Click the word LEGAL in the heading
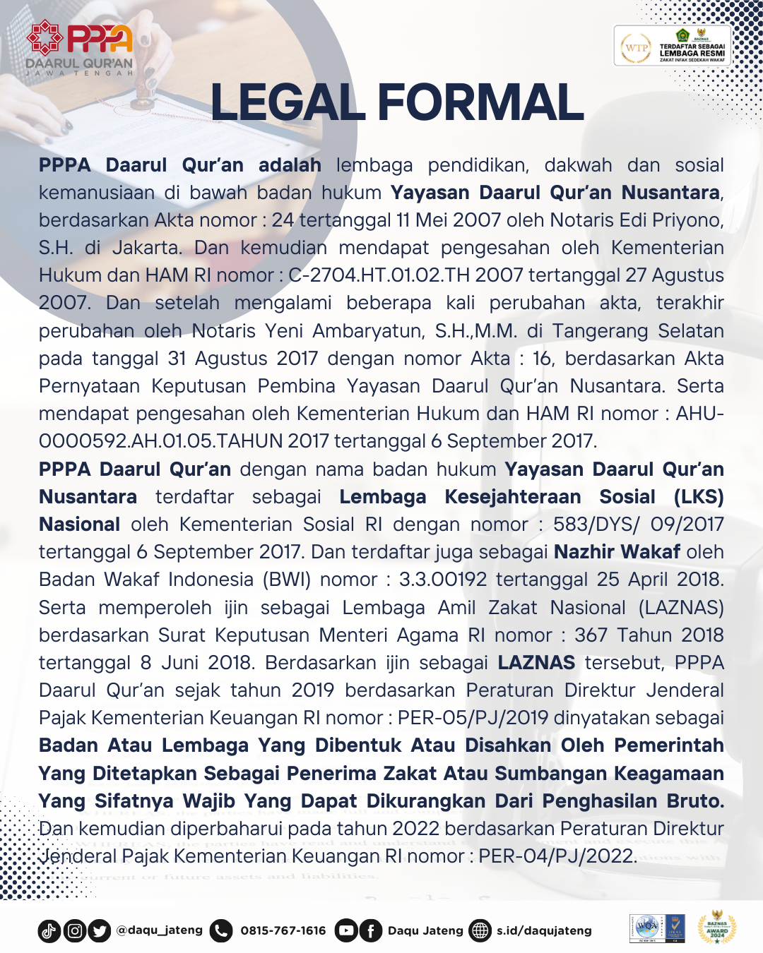coord(287,103)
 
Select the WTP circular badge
coord(637,48)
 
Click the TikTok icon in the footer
coord(49,931)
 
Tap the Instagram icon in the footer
coord(75,931)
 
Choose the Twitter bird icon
coord(100,931)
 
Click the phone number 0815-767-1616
coord(283,930)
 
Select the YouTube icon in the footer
coord(345,931)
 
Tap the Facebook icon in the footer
coord(370,931)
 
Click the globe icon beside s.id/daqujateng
coord(480,931)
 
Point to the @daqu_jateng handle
coord(160,930)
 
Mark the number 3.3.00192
coord(443,580)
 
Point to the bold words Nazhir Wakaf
coord(617,552)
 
